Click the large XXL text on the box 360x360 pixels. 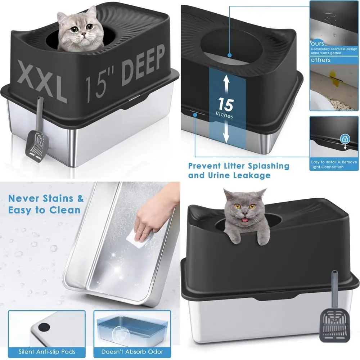pos(42,81)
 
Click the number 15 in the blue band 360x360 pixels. pos(225,105)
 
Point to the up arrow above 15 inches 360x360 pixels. pos(226,84)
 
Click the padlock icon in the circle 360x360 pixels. pos(345,139)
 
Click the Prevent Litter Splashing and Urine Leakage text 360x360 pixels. pos(238,171)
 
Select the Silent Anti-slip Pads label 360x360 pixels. pos(47,352)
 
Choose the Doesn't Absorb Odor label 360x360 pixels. pos(132,352)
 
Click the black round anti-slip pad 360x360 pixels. pos(44,327)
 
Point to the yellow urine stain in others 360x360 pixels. pos(331,78)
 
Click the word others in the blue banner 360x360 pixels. pos(321,60)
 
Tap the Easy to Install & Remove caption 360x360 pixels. pos(334,165)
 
